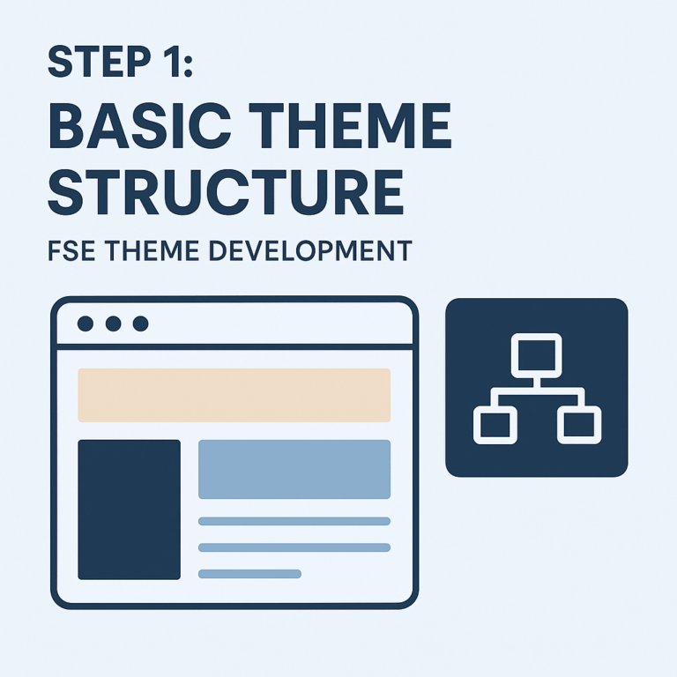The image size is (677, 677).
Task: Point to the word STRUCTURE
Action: (x=226, y=191)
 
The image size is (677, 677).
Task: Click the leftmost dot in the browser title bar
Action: (x=86, y=324)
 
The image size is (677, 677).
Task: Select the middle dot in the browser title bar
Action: (x=113, y=324)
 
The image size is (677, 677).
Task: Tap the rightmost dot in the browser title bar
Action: (x=140, y=324)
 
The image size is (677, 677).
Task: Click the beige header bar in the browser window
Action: (x=234, y=395)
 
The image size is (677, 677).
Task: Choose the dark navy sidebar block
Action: (x=129, y=510)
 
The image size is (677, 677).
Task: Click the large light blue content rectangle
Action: (x=294, y=469)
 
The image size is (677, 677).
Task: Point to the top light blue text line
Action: (x=294, y=521)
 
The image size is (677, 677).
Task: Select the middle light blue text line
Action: (x=294, y=547)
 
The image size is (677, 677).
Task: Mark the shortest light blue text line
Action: (x=249, y=574)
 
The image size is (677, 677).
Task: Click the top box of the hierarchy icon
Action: (x=536, y=354)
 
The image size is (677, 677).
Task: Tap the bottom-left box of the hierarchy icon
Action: (x=495, y=425)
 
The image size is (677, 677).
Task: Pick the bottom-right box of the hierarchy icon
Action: (x=579, y=425)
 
